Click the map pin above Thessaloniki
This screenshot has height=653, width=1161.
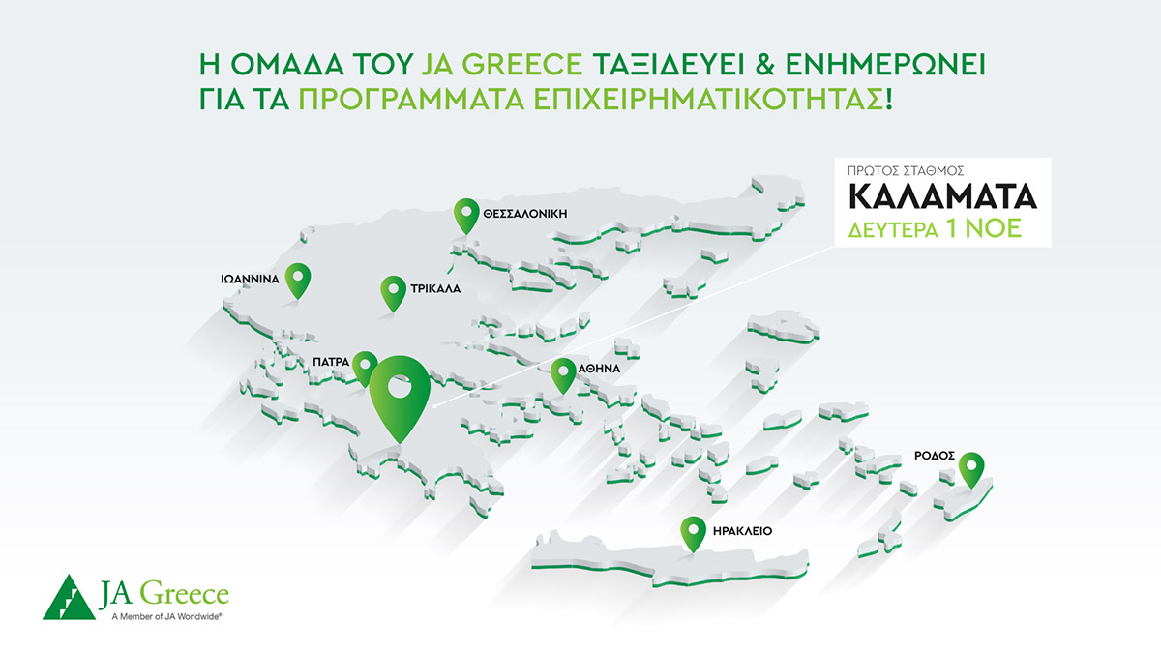[467, 212]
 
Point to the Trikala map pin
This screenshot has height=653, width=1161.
[393, 289]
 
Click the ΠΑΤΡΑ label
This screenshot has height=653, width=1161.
[330, 361]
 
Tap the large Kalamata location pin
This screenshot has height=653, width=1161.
[399, 391]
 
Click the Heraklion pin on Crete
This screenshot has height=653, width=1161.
[693, 531]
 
